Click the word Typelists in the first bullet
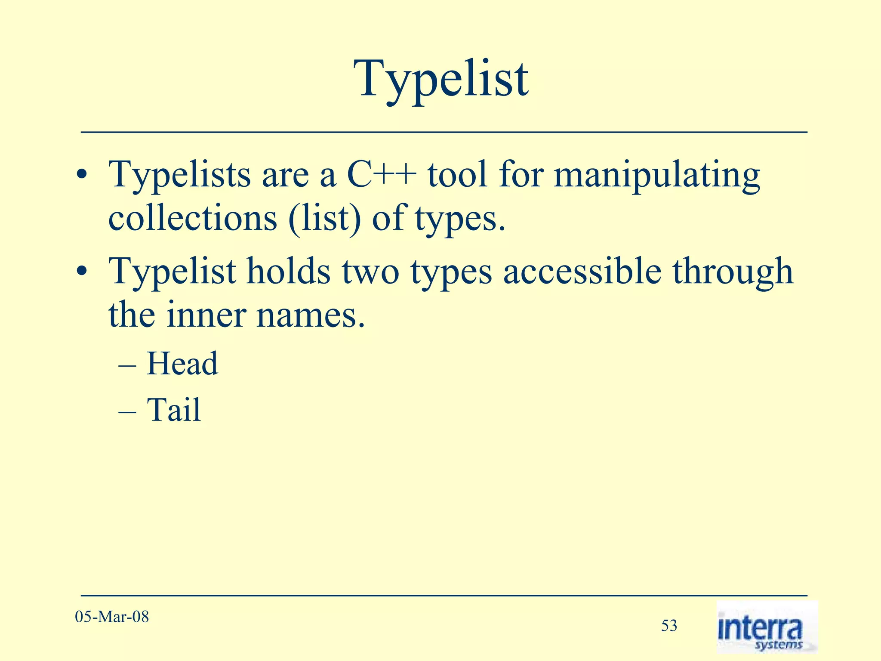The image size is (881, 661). click(179, 175)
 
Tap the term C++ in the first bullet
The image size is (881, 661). click(381, 175)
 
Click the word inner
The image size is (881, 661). click(206, 315)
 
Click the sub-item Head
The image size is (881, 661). click(182, 364)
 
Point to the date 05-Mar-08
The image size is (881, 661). click(112, 617)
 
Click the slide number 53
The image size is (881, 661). click(669, 625)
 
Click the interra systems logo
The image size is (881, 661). click(767, 627)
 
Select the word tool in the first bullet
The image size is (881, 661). click(457, 175)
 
